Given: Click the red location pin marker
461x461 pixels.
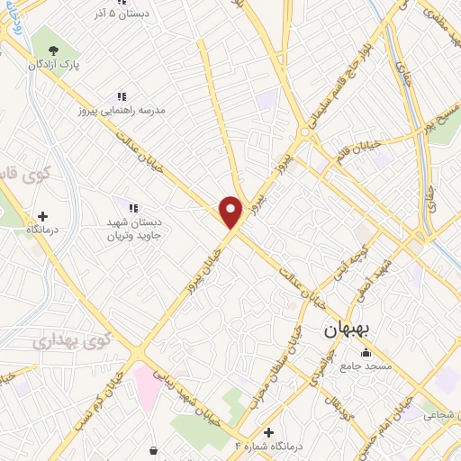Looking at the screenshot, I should (231, 212).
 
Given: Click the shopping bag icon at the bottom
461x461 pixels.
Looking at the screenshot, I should (154, 449).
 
